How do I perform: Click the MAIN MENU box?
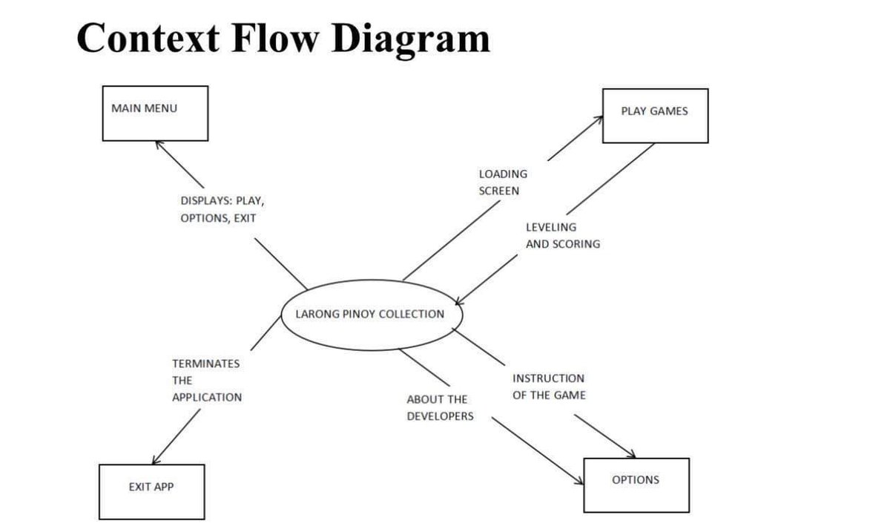coord(154,113)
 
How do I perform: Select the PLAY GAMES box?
coord(655,115)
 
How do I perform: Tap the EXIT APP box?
coord(151,491)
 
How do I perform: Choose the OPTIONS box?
coord(636,485)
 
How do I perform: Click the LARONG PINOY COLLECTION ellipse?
coord(371,314)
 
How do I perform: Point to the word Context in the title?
coord(148,37)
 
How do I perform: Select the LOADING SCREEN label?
coord(503,183)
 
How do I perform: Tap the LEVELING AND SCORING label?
coord(563,235)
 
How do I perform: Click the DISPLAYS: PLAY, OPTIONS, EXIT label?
coord(222,209)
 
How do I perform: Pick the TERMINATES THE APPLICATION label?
coord(207,380)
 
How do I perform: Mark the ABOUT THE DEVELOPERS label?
coord(440,408)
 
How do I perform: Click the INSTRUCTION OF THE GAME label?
coord(549,387)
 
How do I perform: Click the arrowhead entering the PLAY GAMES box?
coord(599,119)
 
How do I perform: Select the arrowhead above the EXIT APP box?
coord(154,461)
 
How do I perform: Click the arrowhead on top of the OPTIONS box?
coord(632,455)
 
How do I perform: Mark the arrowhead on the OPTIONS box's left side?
coord(581,483)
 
